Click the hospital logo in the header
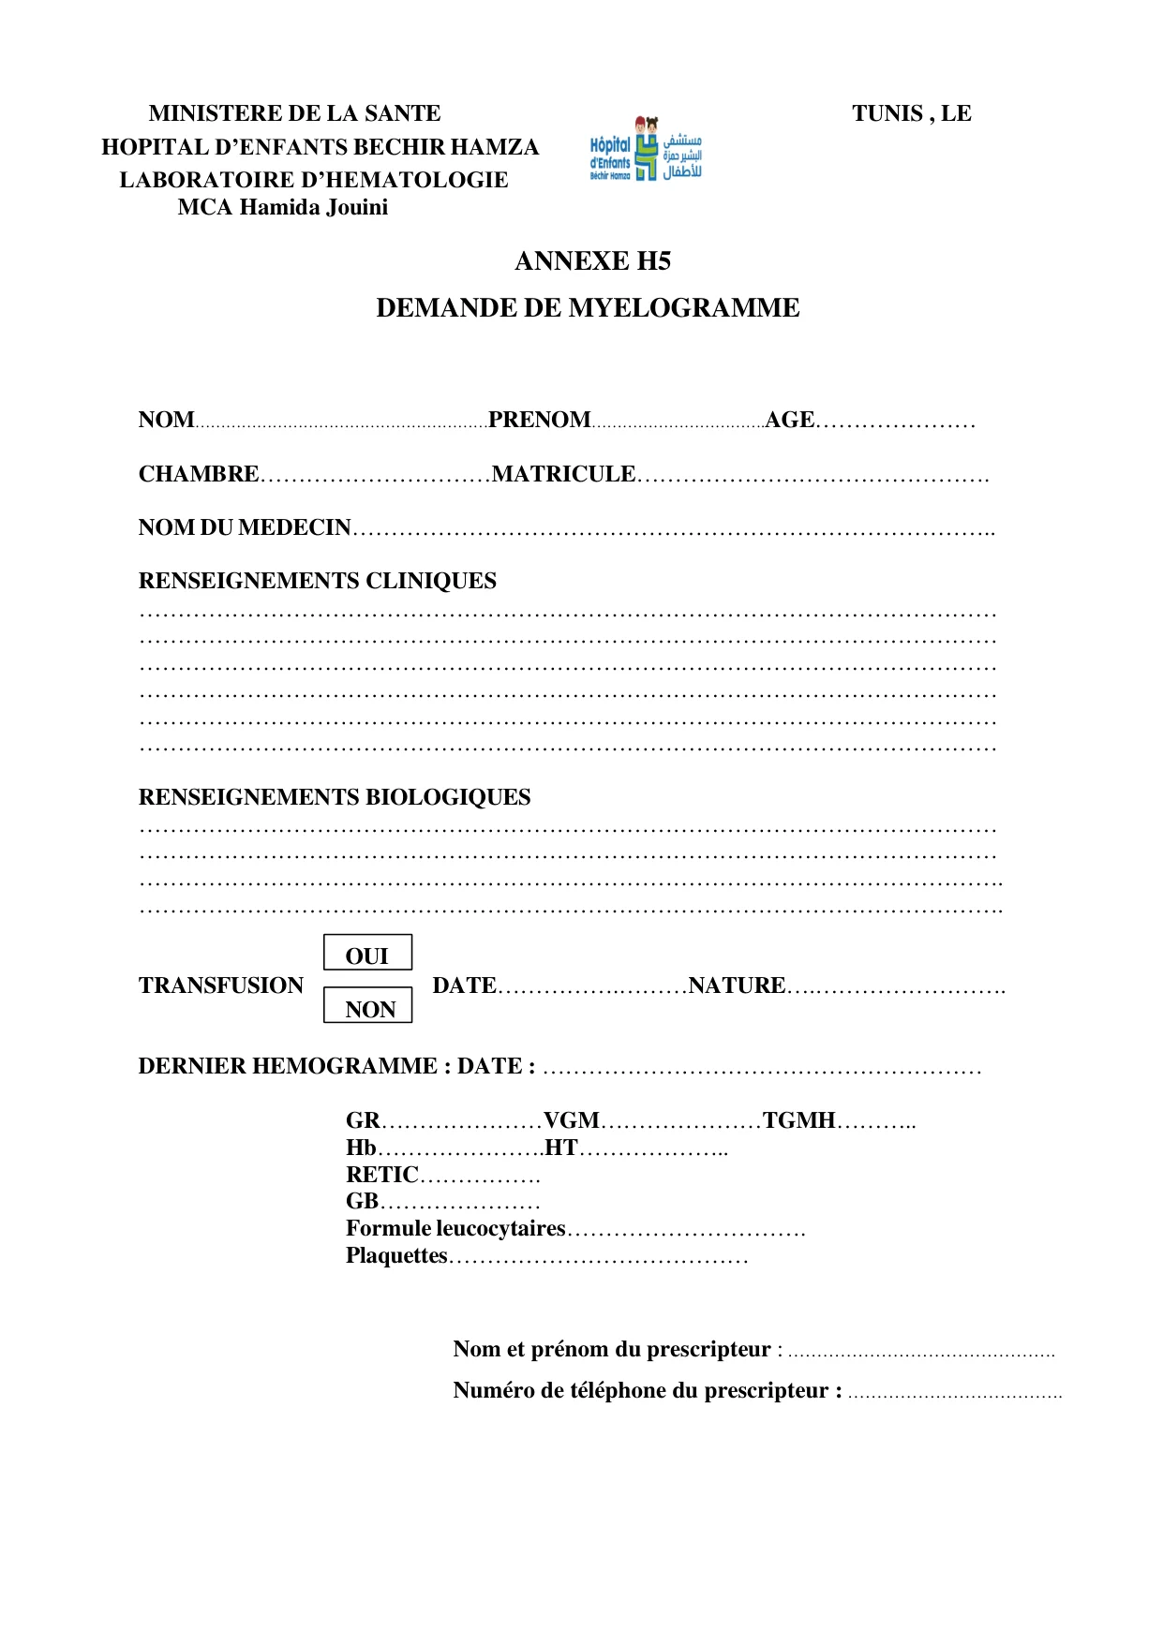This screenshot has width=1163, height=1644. tap(646, 150)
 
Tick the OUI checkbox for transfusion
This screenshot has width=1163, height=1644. tap(367, 954)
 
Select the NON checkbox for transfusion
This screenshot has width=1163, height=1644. tap(367, 1007)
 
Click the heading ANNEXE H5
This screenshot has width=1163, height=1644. tap(592, 261)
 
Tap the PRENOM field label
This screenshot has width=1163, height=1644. tap(539, 420)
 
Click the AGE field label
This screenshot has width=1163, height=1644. tap(789, 420)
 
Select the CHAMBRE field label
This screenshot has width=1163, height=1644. tap(199, 474)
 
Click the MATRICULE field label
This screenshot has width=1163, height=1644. tap(563, 474)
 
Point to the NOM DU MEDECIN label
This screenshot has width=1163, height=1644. tap(245, 527)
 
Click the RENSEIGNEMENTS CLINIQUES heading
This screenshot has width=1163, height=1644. tap(317, 581)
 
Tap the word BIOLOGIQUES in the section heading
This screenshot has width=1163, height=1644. tap(448, 797)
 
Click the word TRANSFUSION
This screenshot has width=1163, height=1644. tap(221, 985)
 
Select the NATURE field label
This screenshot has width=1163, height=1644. tap(737, 985)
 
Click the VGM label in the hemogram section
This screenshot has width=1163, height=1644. tap(571, 1120)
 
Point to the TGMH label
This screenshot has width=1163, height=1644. tap(798, 1120)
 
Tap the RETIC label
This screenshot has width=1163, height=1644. tap(381, 1175)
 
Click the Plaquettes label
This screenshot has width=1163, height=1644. tap(396, 1255)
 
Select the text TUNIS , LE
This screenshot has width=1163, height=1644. tap(911, 113)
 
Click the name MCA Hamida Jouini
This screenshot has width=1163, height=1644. tap(282, 207)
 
